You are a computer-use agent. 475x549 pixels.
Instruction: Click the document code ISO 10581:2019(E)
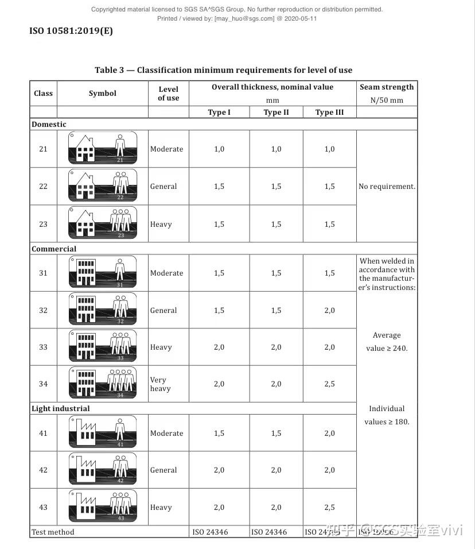(x=71, y=31)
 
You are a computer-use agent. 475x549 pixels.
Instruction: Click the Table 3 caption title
(x=223, y=70)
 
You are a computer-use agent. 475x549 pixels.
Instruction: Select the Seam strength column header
(x=387, y=87)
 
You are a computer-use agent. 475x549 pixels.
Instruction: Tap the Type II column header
(x=276, y=113)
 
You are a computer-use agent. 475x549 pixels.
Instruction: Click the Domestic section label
(x=49, y=125)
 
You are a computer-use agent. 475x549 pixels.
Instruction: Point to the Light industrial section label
(x=60, y=409)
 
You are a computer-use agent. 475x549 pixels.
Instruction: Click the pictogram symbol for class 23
(x=103, y=223)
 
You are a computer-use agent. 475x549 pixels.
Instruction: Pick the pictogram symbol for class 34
(x=103, y=383)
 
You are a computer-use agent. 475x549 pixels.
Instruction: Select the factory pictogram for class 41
(x=103, y=432)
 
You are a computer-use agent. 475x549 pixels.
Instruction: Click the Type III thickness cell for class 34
(x=329, y=384)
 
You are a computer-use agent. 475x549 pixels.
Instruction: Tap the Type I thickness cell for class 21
(x=219, y=149)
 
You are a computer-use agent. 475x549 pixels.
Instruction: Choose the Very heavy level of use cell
(x=160, y=384)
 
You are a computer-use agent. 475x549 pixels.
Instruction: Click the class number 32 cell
(x=43, y=311)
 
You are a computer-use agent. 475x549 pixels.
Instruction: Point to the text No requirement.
(x=387, y=187)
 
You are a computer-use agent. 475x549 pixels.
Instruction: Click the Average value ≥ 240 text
(x=387, y=342)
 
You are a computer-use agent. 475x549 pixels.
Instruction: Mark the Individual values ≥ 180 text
(x=387, y=415)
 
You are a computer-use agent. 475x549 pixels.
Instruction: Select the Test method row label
(x=53, y=532)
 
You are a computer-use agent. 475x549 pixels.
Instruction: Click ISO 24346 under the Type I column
(x=209, y=532)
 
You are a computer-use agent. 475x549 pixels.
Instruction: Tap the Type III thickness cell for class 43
(x=329, y=508)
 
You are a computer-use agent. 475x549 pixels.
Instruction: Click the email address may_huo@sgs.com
(x=244, y=18)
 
